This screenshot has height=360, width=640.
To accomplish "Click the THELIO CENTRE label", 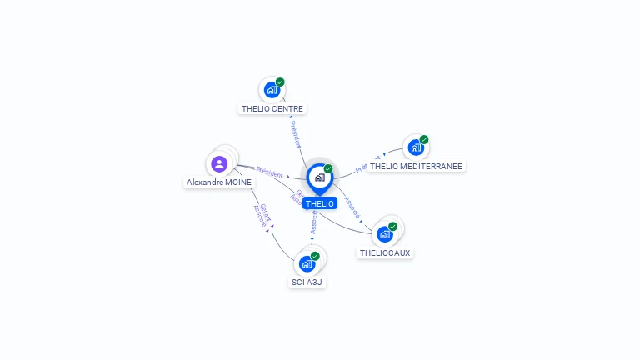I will (272, 108).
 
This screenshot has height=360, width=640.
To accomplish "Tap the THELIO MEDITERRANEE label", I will (416, 166).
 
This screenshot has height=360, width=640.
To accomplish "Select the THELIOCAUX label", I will (385, 252).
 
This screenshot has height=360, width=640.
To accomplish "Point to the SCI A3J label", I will (307, 282).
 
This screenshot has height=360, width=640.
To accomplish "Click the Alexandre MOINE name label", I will (219, 182).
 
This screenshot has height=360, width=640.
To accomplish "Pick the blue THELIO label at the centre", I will (319, 203).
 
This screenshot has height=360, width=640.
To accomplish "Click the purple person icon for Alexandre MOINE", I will (219, 163).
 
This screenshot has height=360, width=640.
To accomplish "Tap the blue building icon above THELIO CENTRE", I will (272, 90).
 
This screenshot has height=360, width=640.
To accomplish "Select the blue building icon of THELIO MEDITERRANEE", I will (415, 147).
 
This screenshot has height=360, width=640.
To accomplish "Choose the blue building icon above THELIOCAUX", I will (384, 234).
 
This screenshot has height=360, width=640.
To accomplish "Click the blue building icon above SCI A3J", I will (307, 264).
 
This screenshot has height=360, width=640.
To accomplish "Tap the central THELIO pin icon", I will (319, 177).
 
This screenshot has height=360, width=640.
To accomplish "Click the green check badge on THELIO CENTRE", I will (281, 82).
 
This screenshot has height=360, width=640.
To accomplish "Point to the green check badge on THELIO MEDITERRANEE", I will (424, 139).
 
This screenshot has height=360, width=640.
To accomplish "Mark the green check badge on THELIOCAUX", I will (393, 226).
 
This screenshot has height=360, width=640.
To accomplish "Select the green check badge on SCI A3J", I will (316, 256).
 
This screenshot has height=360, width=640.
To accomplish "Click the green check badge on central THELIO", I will (328, 168).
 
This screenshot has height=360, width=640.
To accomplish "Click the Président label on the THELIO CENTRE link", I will (294, 133).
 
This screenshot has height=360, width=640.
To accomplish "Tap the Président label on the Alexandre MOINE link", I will (269, 171).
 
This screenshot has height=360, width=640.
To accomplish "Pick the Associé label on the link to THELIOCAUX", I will (352, 207).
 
